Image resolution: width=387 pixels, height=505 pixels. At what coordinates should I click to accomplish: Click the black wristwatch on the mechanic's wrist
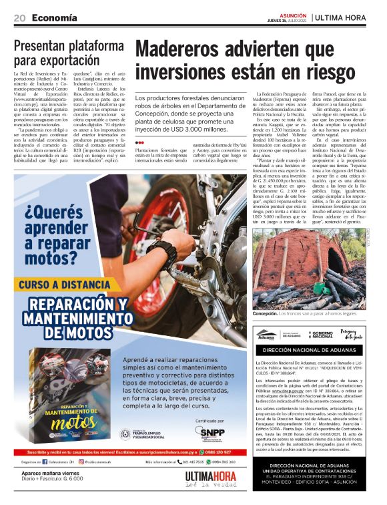(162, 256)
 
